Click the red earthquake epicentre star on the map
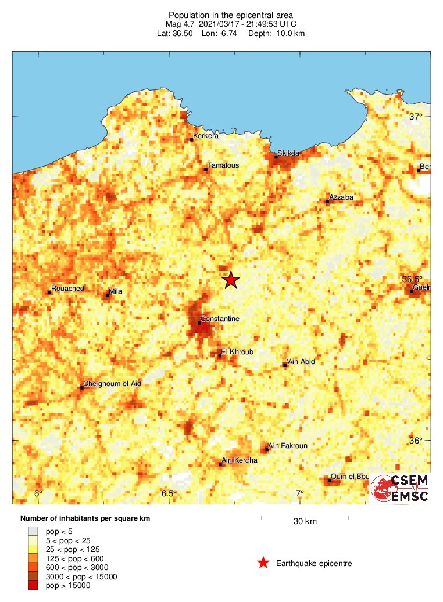(x=231, y=280)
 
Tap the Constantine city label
(x=220, y=319)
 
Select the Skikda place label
(x=288, y=153)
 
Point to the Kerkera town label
(x=206, y=136)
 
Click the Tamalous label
(x=223, y=165)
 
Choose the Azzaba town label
(x=341, y=197)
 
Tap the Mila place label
(x=116, y=291)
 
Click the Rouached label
(x=68, y=289)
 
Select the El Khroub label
(x=237, y=352)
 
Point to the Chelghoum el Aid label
(x=112, y=384)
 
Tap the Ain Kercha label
(x=240, y=460)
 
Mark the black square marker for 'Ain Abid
(x=285, y=365)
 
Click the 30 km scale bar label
(x=304, y=522)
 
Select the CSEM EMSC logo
(x=400, y=488)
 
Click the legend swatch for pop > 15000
(x=33, y=586)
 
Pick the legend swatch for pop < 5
(x=33, y=531)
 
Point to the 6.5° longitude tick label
(x=169, y=494)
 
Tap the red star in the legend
(x=263, y=563)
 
